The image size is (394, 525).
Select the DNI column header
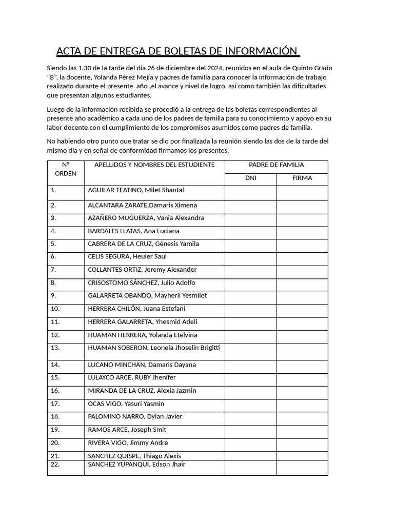pyautogui.click(x=250, y=178)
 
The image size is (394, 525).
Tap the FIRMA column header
pyautogui.click(x=302, y=178)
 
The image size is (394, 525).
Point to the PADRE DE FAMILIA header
pyautogui.click(x=276, y=165)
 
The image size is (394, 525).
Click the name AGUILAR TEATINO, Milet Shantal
pyautogui.click(x=136, y=191)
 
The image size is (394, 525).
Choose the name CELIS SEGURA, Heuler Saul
pyautogui.click(x=127, y=257)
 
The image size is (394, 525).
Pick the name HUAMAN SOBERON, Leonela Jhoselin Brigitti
pyautogui.click(x=154, y=348)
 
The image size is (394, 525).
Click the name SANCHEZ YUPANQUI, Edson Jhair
pyautogui.click(x=136, y=465)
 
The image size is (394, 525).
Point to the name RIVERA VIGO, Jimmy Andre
pyautogui.click(x=128, y=443)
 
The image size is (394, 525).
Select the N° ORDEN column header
pyautogui.click(x=66, y=169)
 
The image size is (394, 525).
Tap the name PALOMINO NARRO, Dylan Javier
pyautogui.click(x=135, y=417)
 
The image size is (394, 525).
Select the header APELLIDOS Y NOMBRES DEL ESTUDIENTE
pyautogui.click(x=154, y=165)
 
